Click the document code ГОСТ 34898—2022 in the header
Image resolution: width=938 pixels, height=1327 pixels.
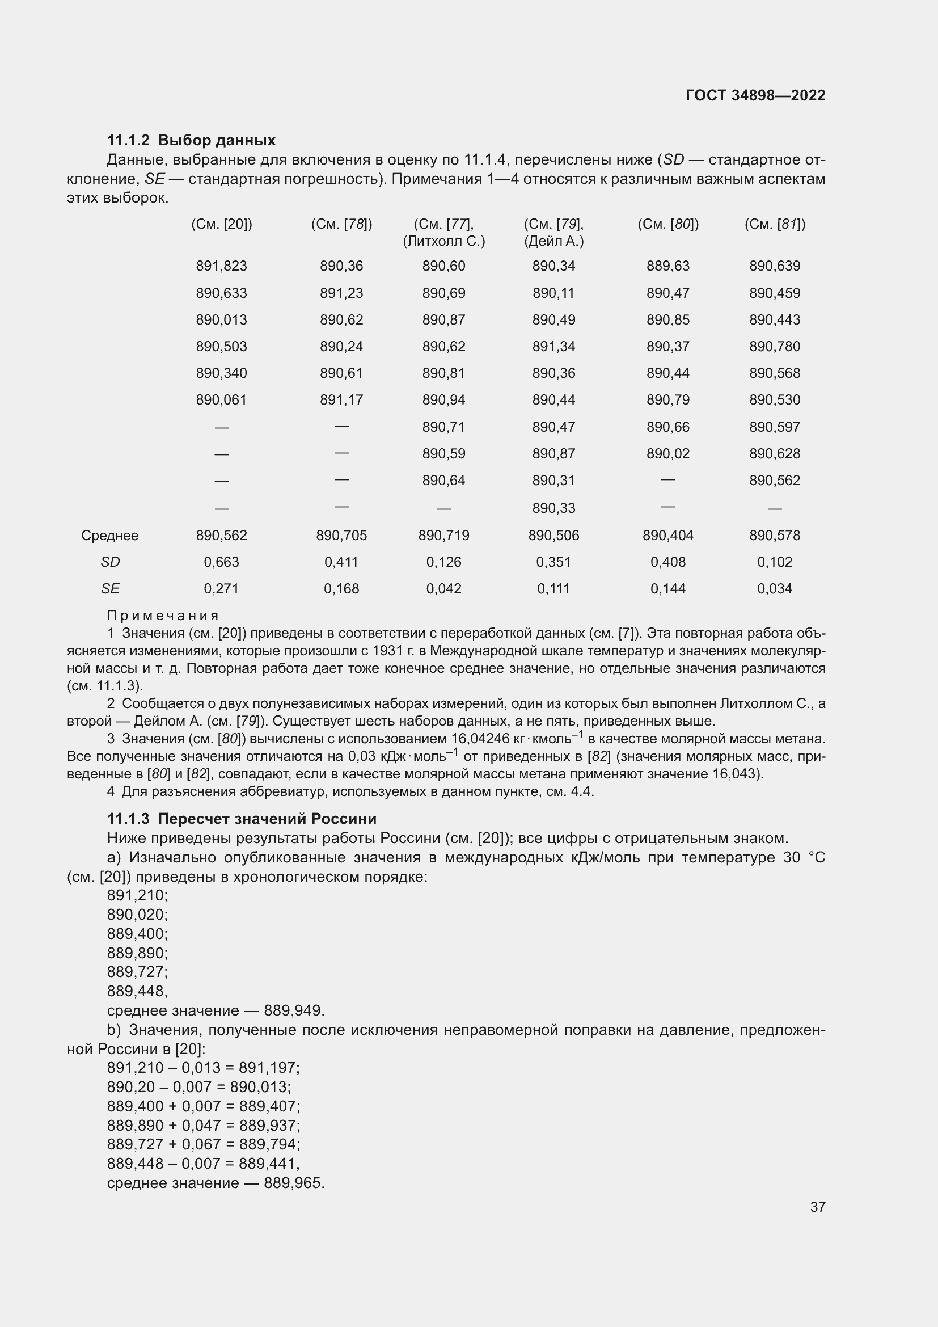tap(755, 95)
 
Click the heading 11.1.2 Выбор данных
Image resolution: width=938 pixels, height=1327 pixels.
tap(191, 140)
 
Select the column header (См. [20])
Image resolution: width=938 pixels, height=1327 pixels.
tap(221, 224)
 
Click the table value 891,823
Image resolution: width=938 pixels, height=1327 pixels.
tap(221, 266)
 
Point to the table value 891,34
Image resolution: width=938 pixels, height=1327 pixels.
tap(553, 346)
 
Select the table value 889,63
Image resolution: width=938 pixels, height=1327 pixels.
tap(667, 266)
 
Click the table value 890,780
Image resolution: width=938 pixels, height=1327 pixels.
tap(775, 346)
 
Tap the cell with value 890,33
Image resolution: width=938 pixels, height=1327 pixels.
tap(553, 508)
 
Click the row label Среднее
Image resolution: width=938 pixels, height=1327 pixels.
tap(110, 535)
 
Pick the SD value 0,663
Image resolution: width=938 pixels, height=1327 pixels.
tap(221, 562)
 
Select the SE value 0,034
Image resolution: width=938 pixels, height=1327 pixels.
tap(775, 588)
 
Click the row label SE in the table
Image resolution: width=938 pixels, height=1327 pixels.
tap(110, 588)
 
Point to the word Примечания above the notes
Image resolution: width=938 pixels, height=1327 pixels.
tap(163, 616)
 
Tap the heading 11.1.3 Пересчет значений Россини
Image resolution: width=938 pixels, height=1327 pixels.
tap(242, 819)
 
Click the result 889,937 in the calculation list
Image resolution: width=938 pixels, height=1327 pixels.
tap(269, 1125)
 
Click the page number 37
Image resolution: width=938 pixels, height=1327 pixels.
tap(817, 1207)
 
